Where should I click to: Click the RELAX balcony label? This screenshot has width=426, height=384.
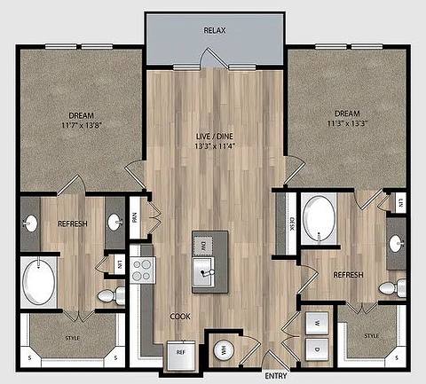pyautogui.click(x=214, y=30)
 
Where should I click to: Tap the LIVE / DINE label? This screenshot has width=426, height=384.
pyautogui.click(x=215, y=137)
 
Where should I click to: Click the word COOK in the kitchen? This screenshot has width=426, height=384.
pyautogui.click(x=180, y=316)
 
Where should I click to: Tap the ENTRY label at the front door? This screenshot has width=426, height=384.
pyautogui.click(x=276, y=375)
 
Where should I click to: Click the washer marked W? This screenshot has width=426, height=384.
pyautogui.click(x=318, y=323)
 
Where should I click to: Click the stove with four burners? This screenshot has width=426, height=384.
pyautogui.click(x=143, y=268)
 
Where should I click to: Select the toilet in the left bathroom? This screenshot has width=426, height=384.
pyautogui.click(x=107, y=293)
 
